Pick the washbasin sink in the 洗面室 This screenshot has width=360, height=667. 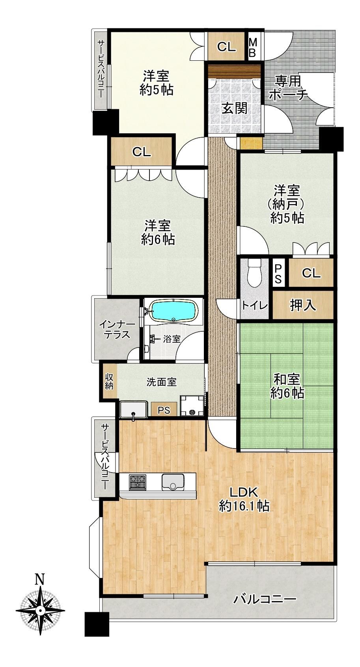(133, 410)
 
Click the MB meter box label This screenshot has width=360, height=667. (252, 47)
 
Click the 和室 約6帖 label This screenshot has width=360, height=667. (287, 386)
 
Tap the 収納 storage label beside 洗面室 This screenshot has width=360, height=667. (109, 381)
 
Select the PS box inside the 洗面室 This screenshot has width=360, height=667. (164, 409)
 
